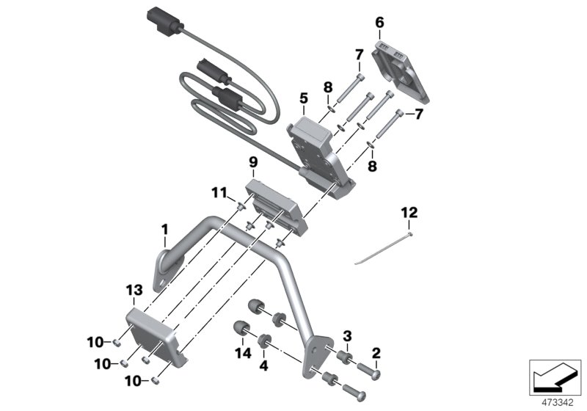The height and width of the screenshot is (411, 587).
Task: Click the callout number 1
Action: [165, 230]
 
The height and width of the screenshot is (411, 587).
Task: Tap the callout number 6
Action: [379, 23]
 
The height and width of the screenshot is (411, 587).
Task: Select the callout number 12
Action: [409, 213]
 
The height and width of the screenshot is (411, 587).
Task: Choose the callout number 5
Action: [303, 98]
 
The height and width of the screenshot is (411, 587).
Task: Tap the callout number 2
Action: [376, 354]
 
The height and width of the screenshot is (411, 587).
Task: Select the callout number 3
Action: [348, 335]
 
